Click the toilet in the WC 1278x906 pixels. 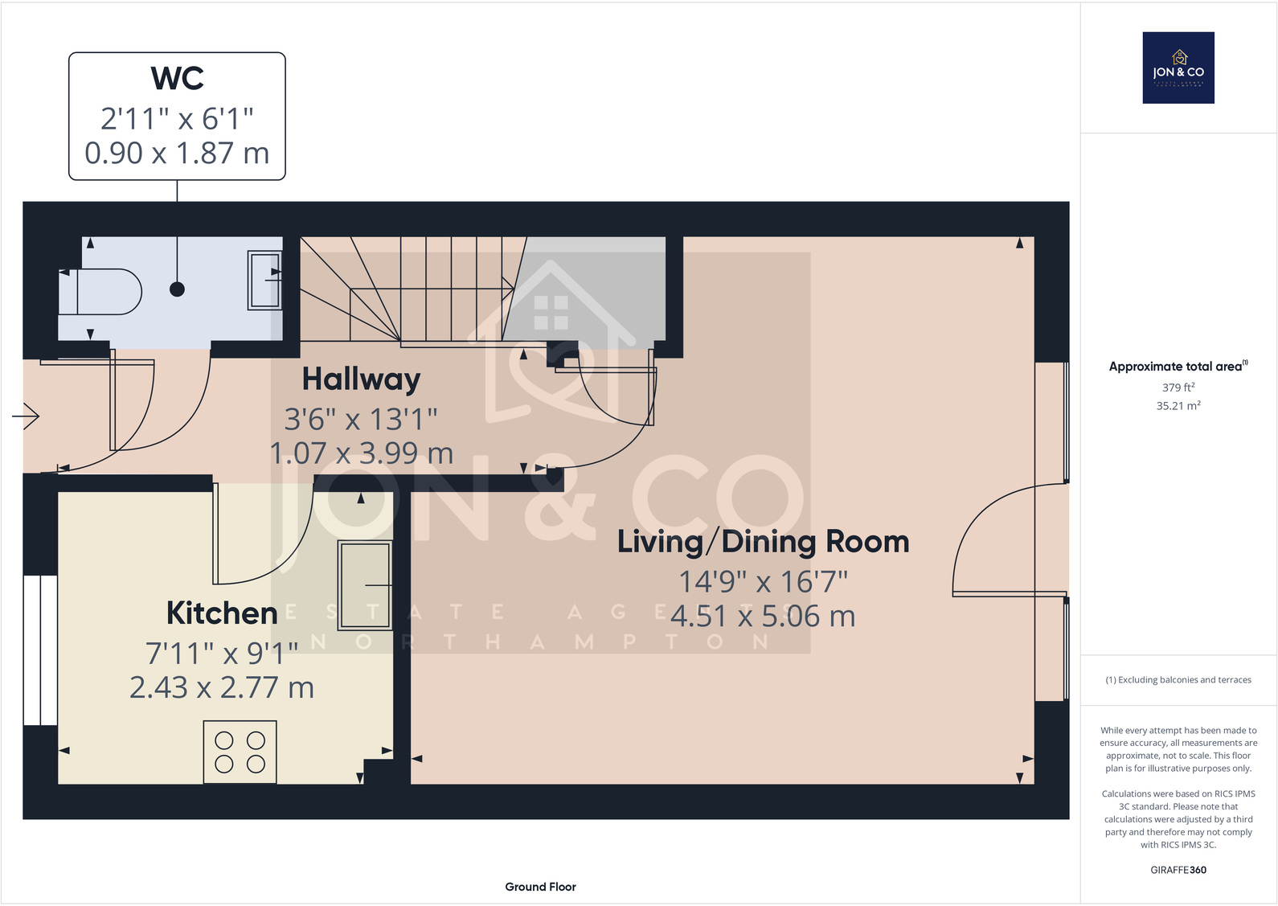(x=100, y=292)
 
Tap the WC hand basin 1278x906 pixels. (x=265, y=280)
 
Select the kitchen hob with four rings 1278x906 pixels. (x=240, y=752)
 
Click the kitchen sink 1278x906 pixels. (x=365, y=585)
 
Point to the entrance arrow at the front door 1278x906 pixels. (x=26, y=416)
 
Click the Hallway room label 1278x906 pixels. (x=361, y=379)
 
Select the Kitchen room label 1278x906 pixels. (x=222, y=613)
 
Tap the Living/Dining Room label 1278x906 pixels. (x=763, y=542)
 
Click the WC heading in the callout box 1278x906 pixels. (x=177, y=79)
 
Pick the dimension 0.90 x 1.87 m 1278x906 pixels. (x=177, y=153)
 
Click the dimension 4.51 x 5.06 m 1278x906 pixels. (x=763, y=617)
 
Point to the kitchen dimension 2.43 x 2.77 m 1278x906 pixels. (x=222, y=688)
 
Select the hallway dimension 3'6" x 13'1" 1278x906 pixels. (x=361, y=419)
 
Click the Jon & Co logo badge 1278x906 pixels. (x=1178, y=68)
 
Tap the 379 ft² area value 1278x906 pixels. (x=1178, y=387)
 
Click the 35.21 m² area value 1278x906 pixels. (x=1178, y=406)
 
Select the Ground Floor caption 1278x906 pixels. (x=540, y=887)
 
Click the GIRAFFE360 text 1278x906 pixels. (x=1178, y=870)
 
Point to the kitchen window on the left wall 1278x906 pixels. (x=39, y=650)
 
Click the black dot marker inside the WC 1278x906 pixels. (x=178, y=289)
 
